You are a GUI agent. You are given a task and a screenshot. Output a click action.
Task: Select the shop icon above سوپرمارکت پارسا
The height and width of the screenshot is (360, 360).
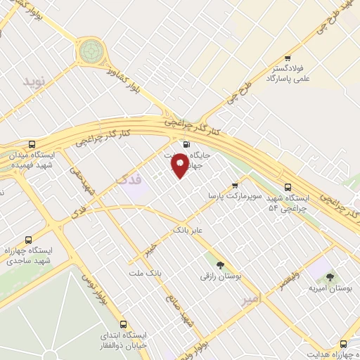[x=235, y=185]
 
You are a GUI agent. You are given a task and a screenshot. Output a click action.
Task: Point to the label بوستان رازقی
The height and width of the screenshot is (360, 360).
[x=220, y=278]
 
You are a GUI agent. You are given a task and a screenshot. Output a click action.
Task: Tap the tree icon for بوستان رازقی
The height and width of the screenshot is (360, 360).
[x=221, y=266]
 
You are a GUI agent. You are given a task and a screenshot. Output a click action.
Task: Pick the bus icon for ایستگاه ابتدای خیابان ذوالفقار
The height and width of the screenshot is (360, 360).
[x=124, y=325]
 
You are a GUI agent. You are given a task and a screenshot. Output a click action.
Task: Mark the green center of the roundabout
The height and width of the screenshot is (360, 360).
[x=90, y=51]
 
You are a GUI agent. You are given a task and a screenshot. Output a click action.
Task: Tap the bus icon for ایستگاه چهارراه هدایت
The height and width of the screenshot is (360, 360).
[x=343, y=345]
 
